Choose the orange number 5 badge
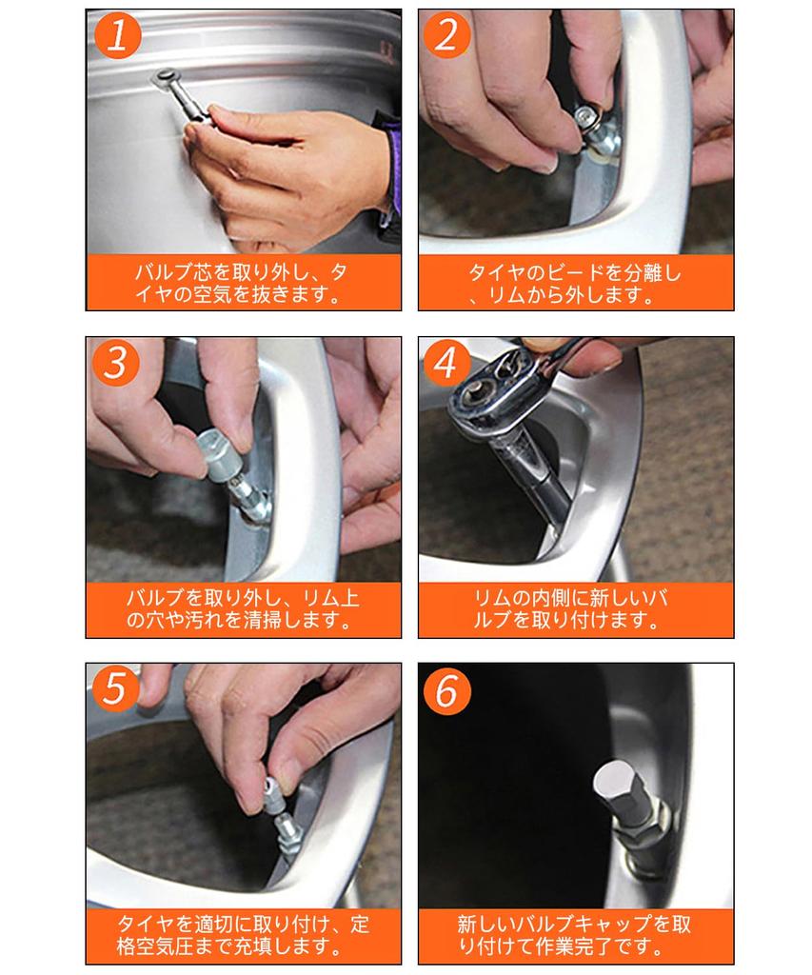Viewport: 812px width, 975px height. [x=117, y=689]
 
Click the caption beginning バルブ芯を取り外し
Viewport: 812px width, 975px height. [x=242, y=283]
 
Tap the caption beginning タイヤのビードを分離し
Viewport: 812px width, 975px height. [x=575, y=283]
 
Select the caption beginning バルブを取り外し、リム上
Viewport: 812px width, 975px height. [x=242, y=609]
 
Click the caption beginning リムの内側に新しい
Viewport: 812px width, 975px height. [x=575, y=609]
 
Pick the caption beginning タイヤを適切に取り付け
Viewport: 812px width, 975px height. [x=242, y=935]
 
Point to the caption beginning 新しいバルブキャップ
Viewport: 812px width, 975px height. [x=575, y=935]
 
